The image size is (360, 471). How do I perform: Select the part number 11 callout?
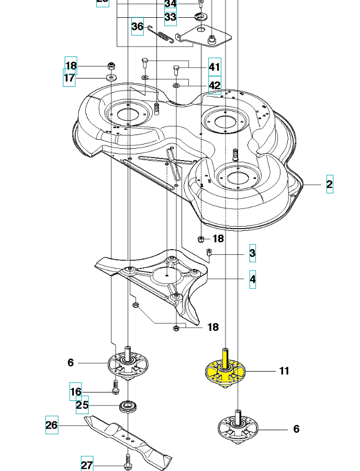click(284, 371)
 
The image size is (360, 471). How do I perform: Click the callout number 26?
click(51, 425)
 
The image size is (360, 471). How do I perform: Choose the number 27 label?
click(87, 465)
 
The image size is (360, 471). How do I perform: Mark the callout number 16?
click(75, 391)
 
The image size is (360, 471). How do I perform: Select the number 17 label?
click(70, 78)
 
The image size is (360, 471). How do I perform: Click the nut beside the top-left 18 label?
click(111, 66)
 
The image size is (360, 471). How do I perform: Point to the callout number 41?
click(215, 67)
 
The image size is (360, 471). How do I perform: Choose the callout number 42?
click(215, 85)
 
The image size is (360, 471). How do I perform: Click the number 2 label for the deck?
click(329, 184)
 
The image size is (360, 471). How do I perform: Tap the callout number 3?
click(252, 254)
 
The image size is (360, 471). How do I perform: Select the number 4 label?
click(252, 280)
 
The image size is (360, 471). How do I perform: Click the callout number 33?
click(170, 17)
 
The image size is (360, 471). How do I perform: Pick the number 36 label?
click(137, 26)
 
